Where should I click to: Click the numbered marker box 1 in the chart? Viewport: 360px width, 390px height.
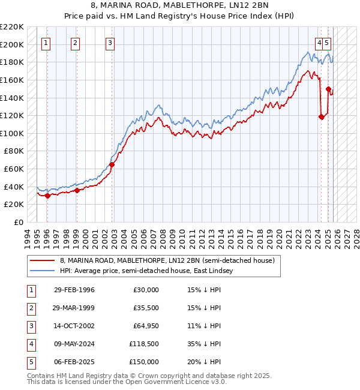(47, 43)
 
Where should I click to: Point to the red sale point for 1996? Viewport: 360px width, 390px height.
(47, 195)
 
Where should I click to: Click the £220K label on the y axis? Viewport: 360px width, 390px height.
(13, 27)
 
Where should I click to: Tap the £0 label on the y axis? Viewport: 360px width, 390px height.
(18, 222)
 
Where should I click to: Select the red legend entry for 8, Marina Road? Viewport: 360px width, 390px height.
(167, 261)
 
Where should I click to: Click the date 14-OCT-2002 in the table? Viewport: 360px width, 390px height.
(74, 326)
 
